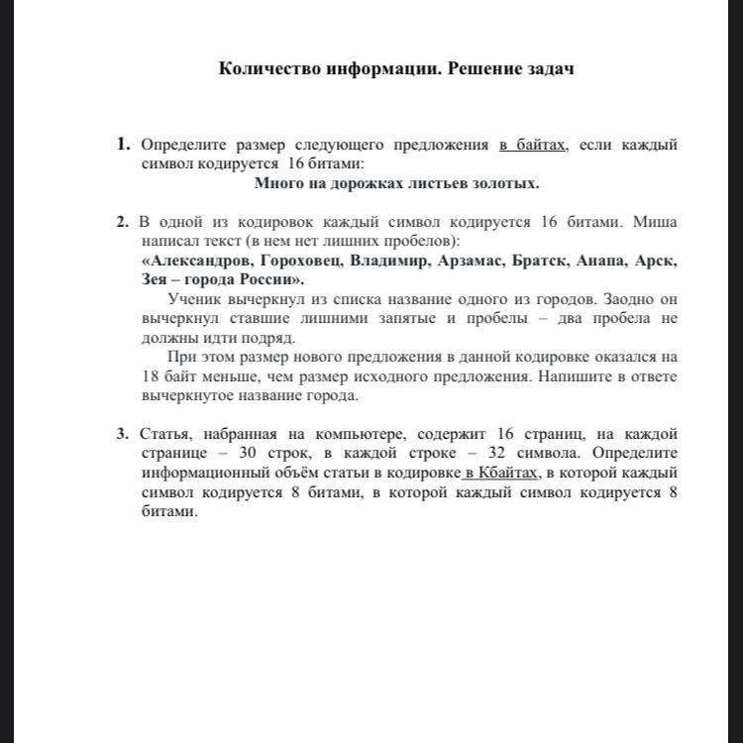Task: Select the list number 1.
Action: coord(123,144)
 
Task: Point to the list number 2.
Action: coord(122,221)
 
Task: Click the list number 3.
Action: coord(122,433)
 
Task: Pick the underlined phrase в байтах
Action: coord(533,145)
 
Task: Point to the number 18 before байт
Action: coord(151,376)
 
